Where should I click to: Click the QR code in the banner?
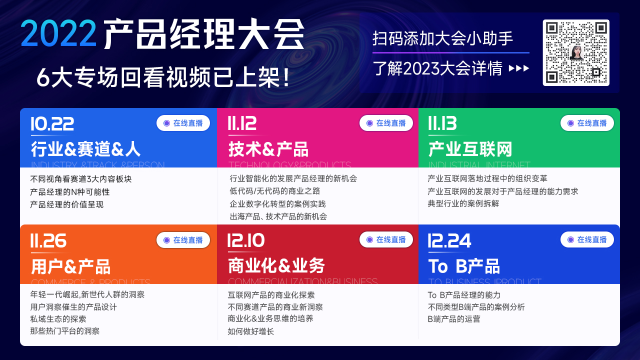pyautogui.click(x=576, y=52)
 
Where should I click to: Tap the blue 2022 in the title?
pyautogui.click(x=59, y=33)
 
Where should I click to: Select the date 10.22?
pyautogui.click(x=52, y=123)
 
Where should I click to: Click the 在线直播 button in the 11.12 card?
pyautogui.click(x=386, y=123)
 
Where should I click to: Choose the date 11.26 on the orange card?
pyautogui.click(x=48, y=241)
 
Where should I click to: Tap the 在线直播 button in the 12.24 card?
pyautogui.click(x=587, y=239)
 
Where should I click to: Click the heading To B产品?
pyautogui.click(x=463, y=266)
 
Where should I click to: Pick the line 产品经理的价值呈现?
pyautogui.click(x=66, y=204)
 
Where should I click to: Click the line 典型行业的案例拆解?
pyautogui.click(x=463, y=203)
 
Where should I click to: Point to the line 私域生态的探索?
pyautogui.click(x=58, y=318)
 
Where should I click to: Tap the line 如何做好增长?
pyautogui.click(x=250, y=331)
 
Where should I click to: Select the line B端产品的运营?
pyautogui.click(x=453, y=318)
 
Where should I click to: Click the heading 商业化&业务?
pyautogui.click(x=276, y=266)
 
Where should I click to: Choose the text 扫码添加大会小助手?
pyautogui.click(x=442, y=38)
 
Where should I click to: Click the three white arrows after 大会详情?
pyautogui.click(x=519, y=68)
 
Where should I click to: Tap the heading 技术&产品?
pyautogui.click(x=268, y=149)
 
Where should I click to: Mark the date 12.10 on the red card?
pyautogui.click(x=246, y=241)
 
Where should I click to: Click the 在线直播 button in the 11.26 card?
pyautogui.click(x=183, y=240)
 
